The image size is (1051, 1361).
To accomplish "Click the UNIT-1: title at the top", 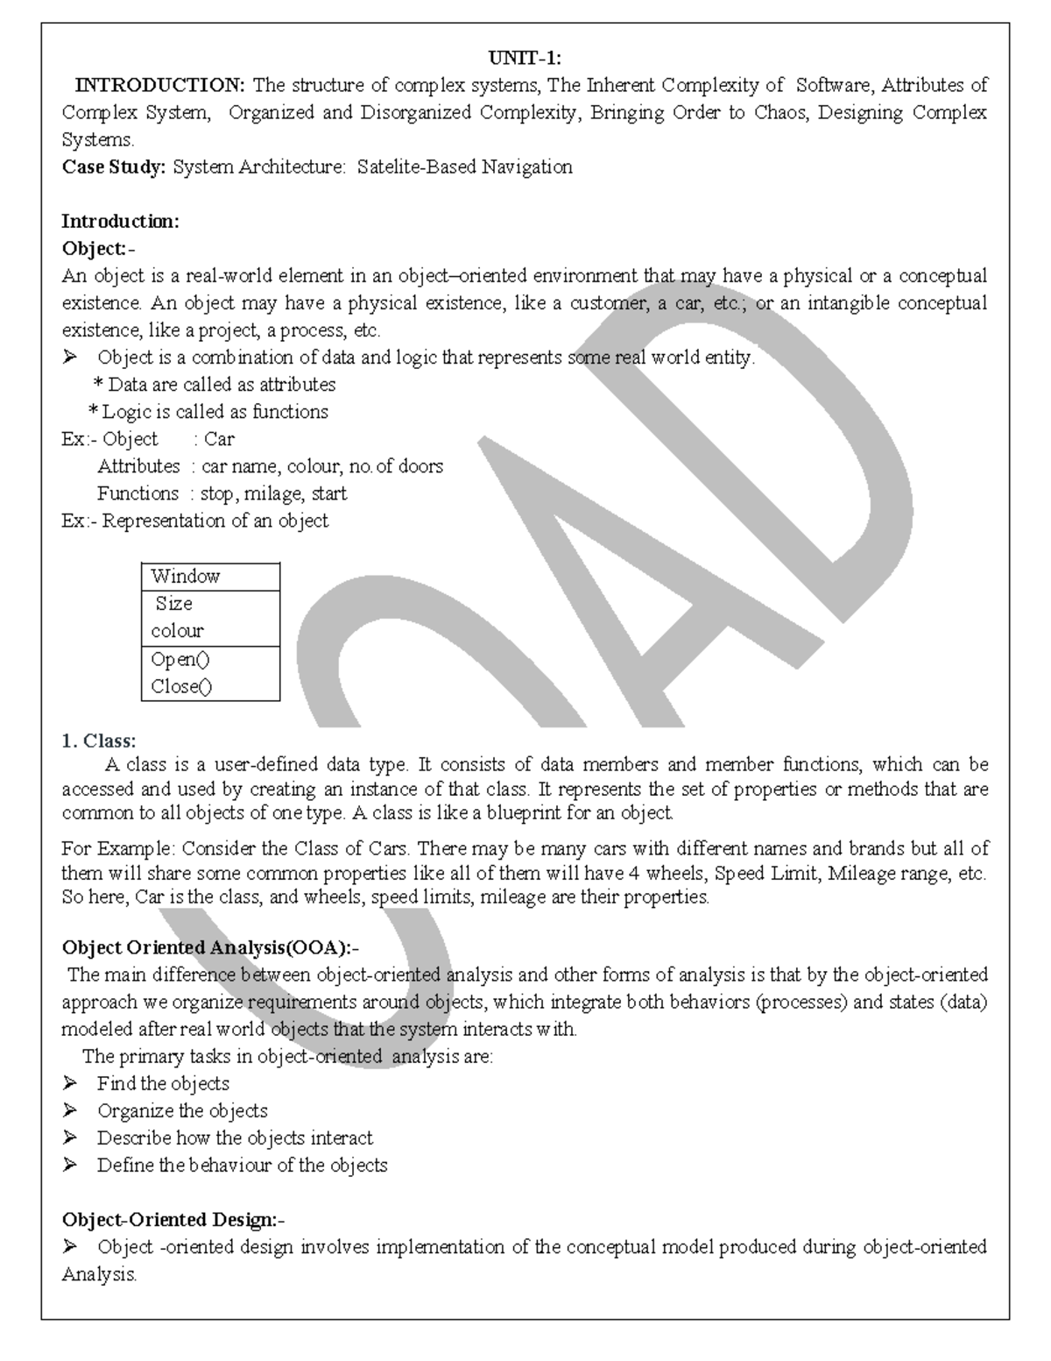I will [525, 58].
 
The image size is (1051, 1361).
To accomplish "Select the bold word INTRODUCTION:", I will [160, 85].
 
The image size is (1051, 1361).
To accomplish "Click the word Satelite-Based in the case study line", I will [416, 167].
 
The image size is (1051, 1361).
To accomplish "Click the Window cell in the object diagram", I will [185, 576].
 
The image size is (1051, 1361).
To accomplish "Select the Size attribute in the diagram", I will [173, 603].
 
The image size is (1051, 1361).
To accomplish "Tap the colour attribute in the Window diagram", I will [177, 630].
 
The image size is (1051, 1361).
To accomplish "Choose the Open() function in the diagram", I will [180, 659].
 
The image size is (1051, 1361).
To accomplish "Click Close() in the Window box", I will [181, 686].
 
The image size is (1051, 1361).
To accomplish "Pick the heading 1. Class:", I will [98, 741].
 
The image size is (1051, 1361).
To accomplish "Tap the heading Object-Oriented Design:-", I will [173, 1219].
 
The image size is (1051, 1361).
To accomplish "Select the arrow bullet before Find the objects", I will [70, 1083].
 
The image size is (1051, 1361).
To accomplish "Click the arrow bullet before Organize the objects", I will [70, 1110].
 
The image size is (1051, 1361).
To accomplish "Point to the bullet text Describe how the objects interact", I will [235, 1138].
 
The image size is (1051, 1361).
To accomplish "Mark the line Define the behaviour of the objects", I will [242, 1165].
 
